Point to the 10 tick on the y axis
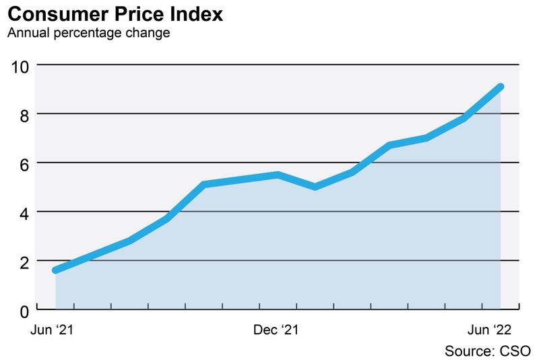pos(19,66)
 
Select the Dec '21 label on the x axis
pos(277,330)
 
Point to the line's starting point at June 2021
pos(56,270)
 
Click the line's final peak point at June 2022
pos(501,86)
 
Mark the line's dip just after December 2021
pos(315,187)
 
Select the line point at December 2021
pos(278,175)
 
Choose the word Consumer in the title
pos(53,14)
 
